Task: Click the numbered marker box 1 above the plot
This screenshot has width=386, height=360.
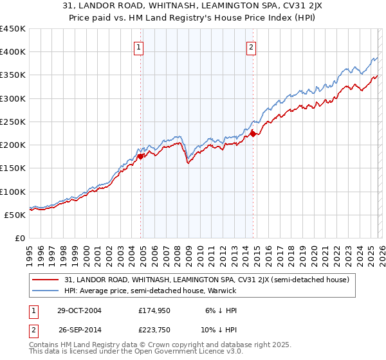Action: [139, 46]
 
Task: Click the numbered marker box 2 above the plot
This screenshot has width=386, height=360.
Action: [250, 46]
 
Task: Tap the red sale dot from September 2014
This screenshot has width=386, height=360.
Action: [253, 134]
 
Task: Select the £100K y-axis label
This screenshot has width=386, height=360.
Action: [13, 192]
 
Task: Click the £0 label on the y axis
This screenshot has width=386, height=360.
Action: [19, 238]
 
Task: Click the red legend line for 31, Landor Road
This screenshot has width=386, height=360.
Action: [46, 280]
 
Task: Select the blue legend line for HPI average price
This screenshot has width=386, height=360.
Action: [46, 291]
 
